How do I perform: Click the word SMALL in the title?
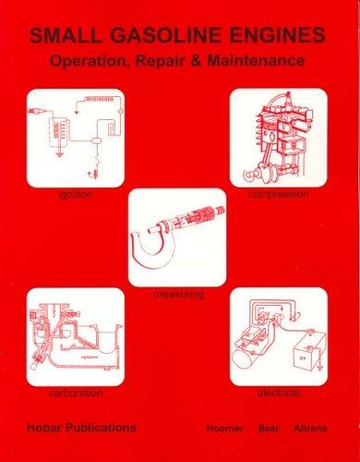(x=66, y=35)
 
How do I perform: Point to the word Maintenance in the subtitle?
(x=256, y=60)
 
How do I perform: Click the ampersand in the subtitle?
(x=196, y=60)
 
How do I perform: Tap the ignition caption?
(x=76, y=195)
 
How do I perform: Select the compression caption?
(x=279, y=195)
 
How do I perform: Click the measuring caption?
(x=179, y=295)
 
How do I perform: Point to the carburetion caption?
(x=76, y=393)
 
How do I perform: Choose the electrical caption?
(x=279, y=393)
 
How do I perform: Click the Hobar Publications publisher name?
(x=81, y=428)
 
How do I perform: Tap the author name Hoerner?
(x=225, y=428)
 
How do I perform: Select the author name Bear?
(x=269, y=428)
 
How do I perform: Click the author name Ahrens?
(x=311, y=428)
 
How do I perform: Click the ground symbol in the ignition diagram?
(x=60, y=153)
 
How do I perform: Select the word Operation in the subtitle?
(x=89, y=61)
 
